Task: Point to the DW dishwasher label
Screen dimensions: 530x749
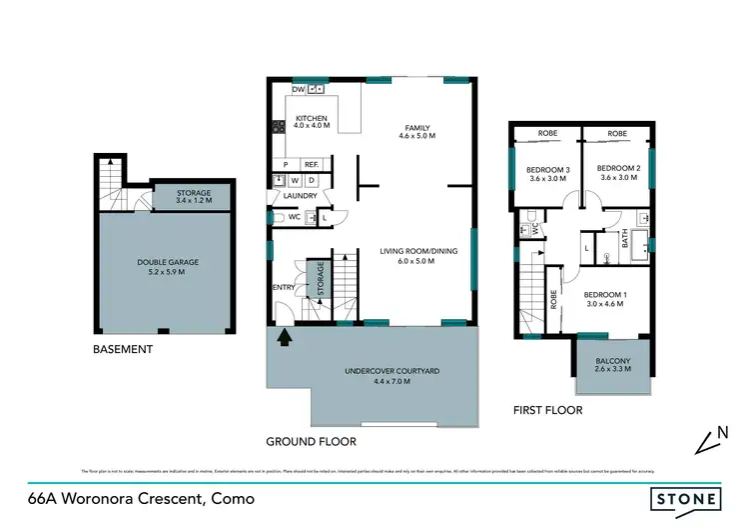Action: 298,88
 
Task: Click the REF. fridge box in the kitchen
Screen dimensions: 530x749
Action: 311,164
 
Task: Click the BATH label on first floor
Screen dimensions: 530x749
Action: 625,241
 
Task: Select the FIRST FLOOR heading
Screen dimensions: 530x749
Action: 547,410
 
